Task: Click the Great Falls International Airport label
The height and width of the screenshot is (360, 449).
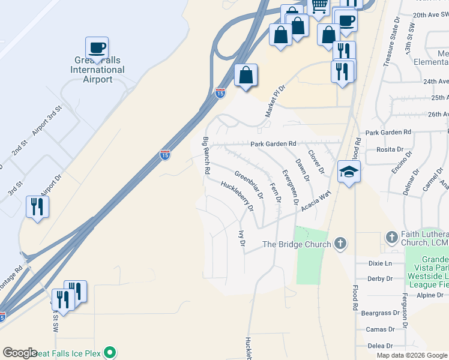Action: (98, 70)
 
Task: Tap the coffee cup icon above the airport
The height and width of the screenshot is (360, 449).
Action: (97, 47)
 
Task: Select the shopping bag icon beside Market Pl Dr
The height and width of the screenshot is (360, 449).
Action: (246, 76)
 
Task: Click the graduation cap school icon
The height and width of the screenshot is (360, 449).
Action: (349, 172)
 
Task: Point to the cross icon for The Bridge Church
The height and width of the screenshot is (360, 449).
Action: (340, 244)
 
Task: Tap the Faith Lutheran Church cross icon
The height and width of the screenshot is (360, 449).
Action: (391, 238)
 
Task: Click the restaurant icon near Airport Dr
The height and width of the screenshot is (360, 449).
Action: (37, 207)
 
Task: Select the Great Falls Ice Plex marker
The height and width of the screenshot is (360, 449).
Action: (109, 353)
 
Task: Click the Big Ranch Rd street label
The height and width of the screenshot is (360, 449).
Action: (206, 156)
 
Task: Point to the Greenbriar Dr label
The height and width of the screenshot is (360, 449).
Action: (249, 185)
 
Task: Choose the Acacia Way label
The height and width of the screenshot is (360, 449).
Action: (316, 199)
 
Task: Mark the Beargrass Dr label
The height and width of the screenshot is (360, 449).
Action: (379, 313)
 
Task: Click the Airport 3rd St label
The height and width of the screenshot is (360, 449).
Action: (47, 122)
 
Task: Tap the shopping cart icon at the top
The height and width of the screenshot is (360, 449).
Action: (319, 5)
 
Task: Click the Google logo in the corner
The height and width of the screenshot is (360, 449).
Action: (20, 353)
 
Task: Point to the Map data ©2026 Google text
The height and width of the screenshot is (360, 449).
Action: (411, 355)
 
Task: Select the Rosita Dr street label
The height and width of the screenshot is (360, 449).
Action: (389, 149)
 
